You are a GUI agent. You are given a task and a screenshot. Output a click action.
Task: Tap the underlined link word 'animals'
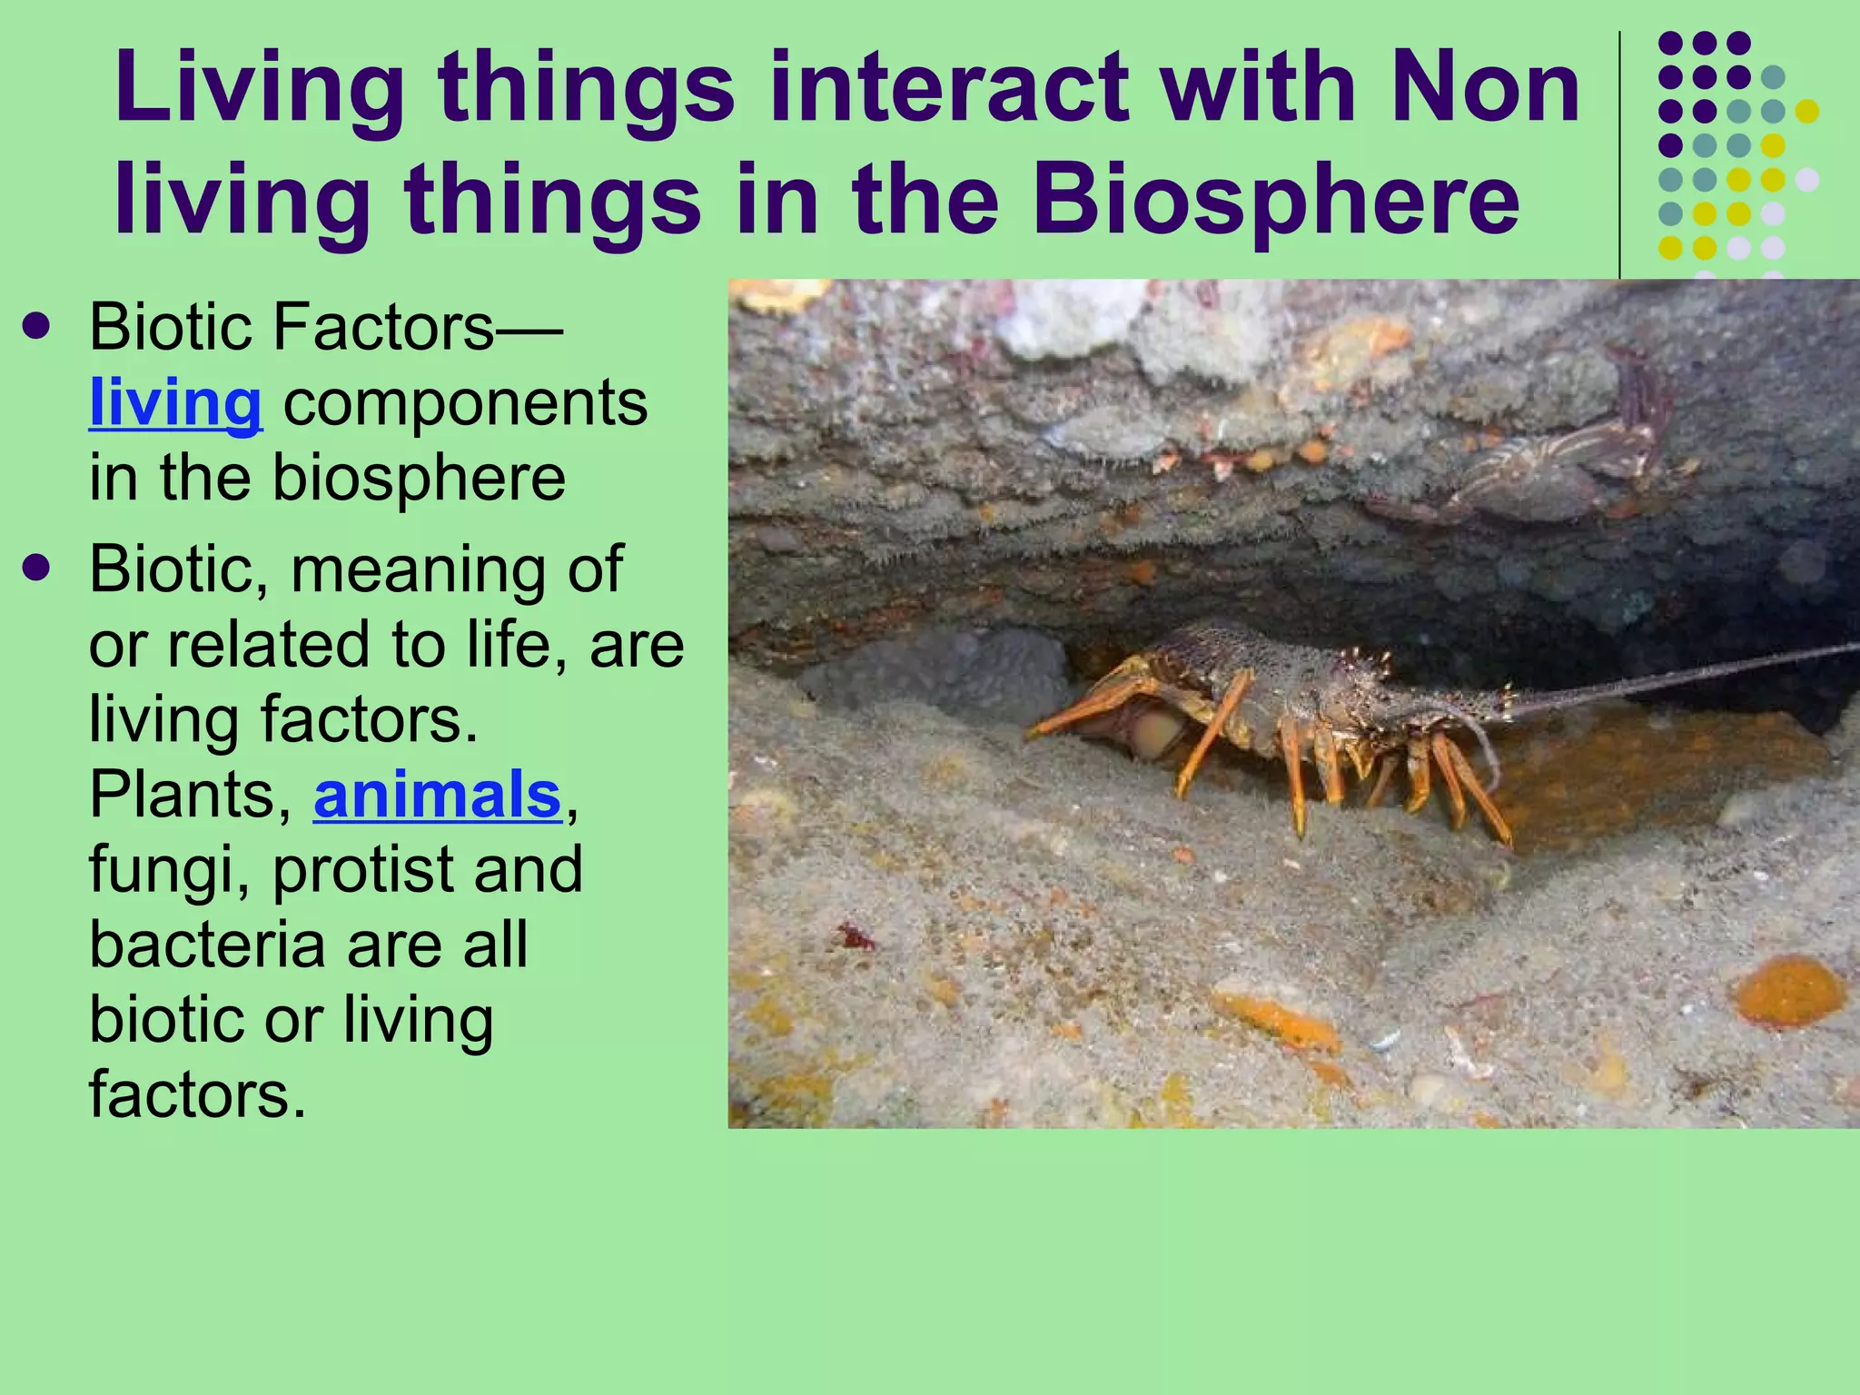(x=437, y=795)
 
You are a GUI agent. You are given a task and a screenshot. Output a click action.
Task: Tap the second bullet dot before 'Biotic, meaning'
(x=36, y=569)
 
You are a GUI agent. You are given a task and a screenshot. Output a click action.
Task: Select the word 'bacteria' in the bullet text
(x=207, y=945)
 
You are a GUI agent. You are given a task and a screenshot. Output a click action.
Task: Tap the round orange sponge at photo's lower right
(x=1789, y=992)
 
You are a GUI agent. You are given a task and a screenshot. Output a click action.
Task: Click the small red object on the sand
(x=854, y=935)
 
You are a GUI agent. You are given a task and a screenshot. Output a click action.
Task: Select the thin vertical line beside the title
(x=1620, y=154)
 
